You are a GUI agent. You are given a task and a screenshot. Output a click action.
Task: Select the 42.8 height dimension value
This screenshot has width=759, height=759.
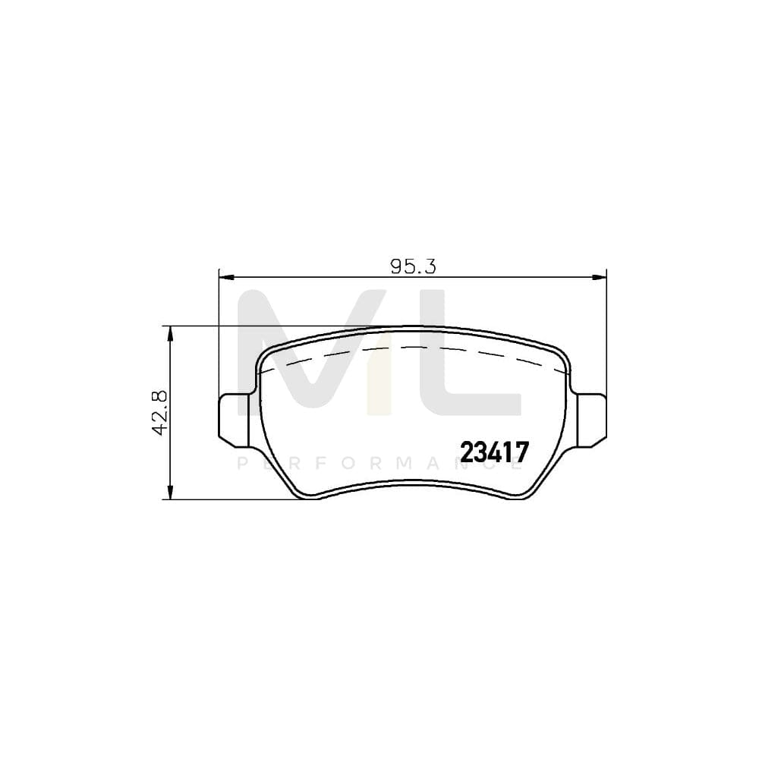(160, 413)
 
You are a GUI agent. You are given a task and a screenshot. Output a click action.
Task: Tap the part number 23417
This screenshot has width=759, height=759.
(494, 452)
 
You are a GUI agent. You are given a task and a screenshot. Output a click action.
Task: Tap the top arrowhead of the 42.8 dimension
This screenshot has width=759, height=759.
(171, 332)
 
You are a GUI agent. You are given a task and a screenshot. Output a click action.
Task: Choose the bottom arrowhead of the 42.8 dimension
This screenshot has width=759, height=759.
(171, 494)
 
